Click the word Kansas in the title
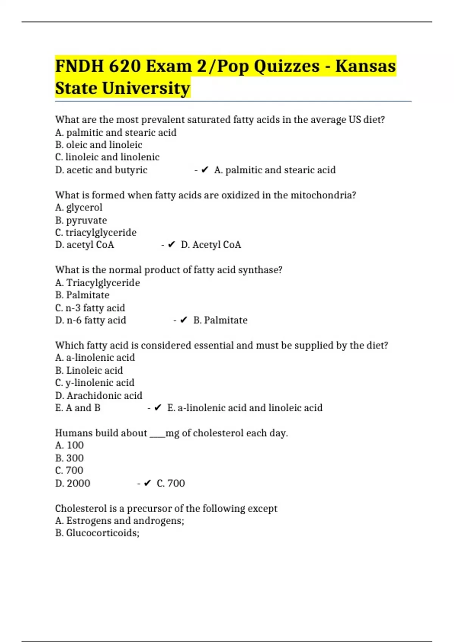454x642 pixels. point(365,66)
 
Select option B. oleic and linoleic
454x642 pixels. point(99,145)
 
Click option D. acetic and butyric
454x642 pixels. point(101,170)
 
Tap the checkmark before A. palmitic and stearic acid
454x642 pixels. point(205,170)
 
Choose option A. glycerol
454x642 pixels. point(79,207)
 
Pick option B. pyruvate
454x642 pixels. point(81,220)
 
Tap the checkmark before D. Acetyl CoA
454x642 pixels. point(171,245)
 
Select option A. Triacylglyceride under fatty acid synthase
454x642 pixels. point(97,282)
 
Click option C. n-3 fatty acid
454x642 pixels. point(90,308)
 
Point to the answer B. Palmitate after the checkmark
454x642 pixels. point(220,320)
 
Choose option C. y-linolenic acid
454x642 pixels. point(95,383)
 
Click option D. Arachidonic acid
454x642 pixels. point(99,395)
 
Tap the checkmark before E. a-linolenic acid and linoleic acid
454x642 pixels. point(158,408)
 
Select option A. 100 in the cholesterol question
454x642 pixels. point(69,445)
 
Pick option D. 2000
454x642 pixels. point(73,483)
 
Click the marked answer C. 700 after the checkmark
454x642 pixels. point(171,483)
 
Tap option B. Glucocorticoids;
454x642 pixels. point(97,533)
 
